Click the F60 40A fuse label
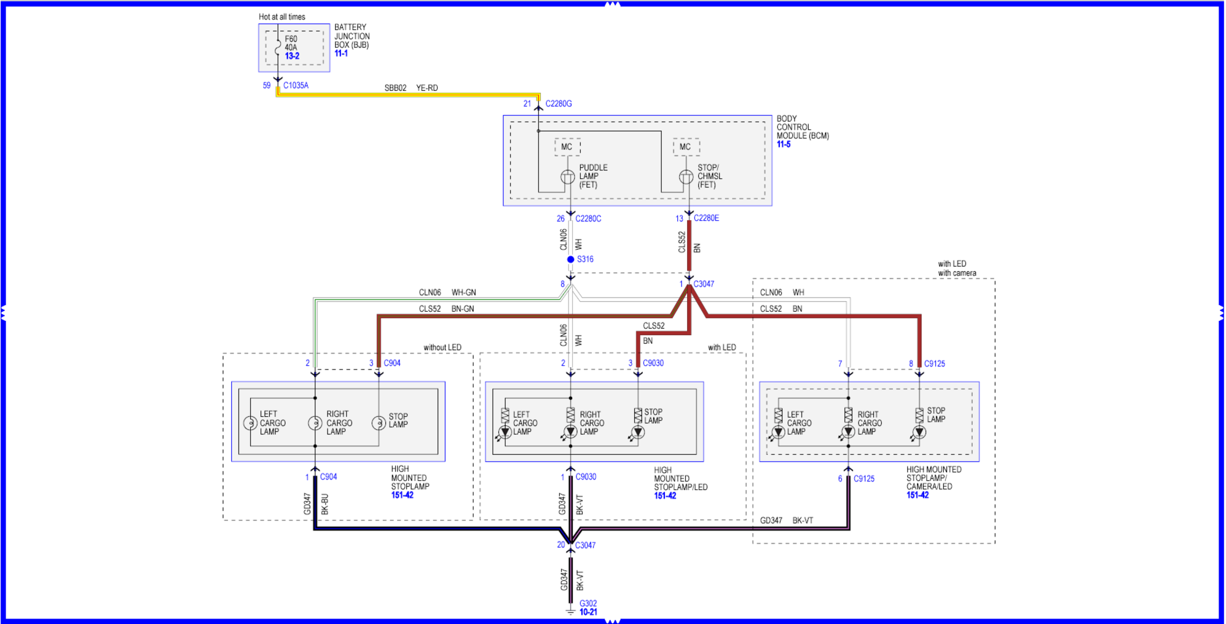291,43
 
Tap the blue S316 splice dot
570,259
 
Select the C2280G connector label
558,104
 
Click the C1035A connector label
296,85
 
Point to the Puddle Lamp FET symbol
568,177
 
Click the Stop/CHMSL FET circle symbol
686,177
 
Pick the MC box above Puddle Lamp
567,147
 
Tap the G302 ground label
588,603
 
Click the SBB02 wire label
395,88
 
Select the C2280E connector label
706,218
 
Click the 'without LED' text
442,347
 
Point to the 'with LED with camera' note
956,269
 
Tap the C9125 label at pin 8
934,364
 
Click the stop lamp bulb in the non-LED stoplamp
379,423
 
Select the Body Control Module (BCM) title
802,127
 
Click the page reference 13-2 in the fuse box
292,56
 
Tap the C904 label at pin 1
328,476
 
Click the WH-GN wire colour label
463,293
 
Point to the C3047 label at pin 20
585,545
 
